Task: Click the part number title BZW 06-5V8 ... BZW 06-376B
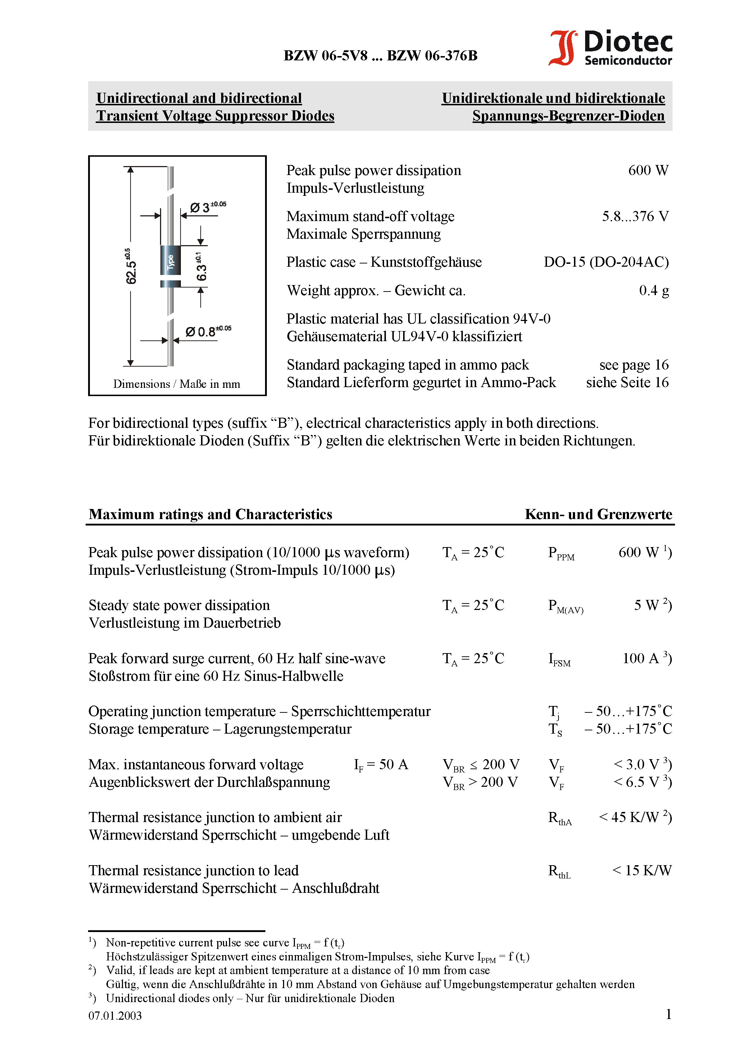(380, 56)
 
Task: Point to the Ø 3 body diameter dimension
(208, 207)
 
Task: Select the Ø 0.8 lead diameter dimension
(208, 331)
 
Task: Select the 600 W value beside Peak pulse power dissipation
(648, 170)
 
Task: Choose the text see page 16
(634, 365)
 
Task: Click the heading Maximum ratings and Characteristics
(210, 514)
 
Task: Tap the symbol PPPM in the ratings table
(561, 554)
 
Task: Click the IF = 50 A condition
(380, 765)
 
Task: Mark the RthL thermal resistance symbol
(559, 871)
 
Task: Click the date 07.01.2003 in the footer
(115, 1015)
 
